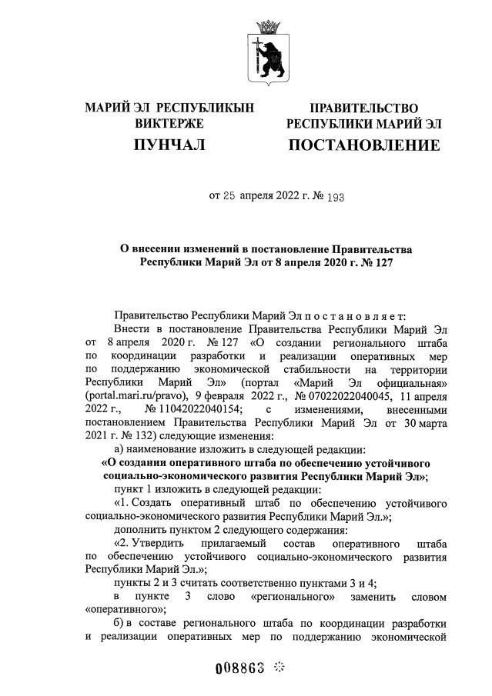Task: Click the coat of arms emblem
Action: coord(269,54)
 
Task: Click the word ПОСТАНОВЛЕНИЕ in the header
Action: coord(364,145)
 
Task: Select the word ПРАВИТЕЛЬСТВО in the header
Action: coord(364,108)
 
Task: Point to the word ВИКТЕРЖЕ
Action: coord(169,123)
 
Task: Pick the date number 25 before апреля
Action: coord(228,197)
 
